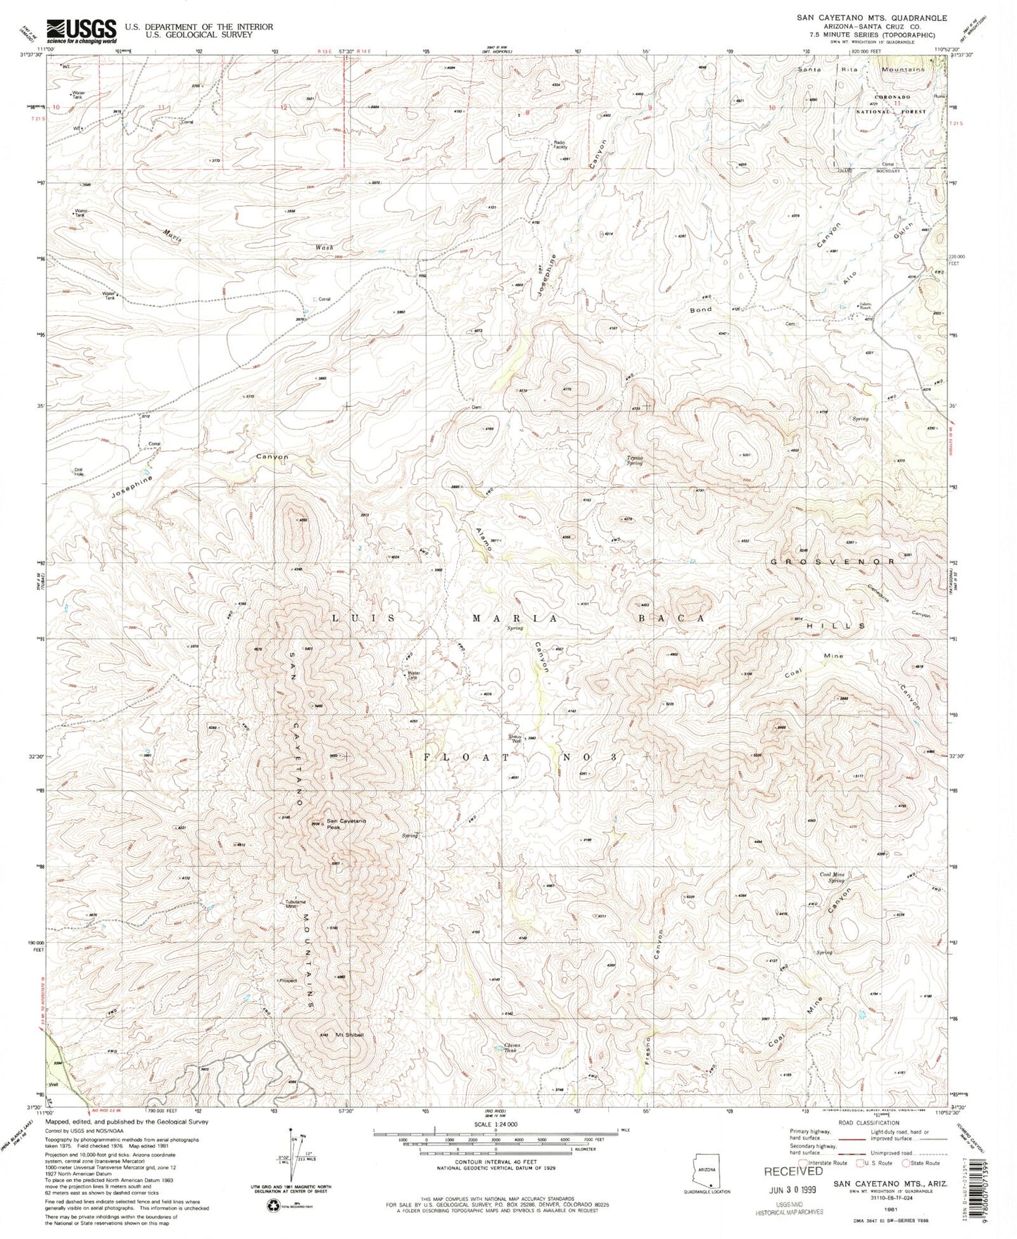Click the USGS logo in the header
(82, 29)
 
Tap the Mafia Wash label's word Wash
(324, 248)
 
